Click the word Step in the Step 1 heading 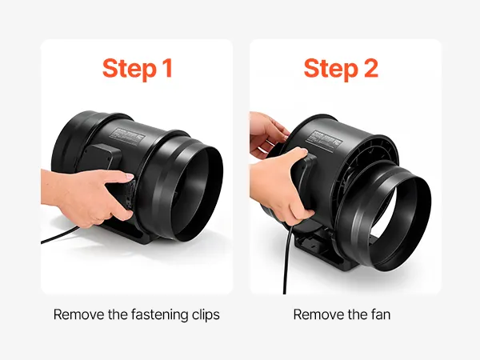coord(129,69)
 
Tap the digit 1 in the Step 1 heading coord(167,68)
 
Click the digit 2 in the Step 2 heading coord(370,68)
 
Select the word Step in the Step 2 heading coord(330,69)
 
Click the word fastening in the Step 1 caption coord(159,314)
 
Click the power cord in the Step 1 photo coord(58,235)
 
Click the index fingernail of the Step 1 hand coord(129,177)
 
